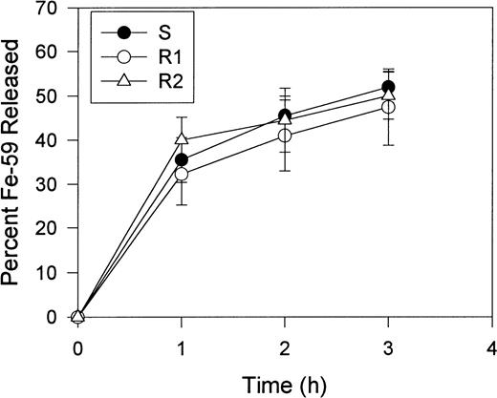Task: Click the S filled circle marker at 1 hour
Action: (182, 160)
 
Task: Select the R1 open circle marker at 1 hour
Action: (182, 175)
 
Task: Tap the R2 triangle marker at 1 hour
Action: (182, 139)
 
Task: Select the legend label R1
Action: (168, 52)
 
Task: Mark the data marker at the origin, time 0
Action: (78, 317)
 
